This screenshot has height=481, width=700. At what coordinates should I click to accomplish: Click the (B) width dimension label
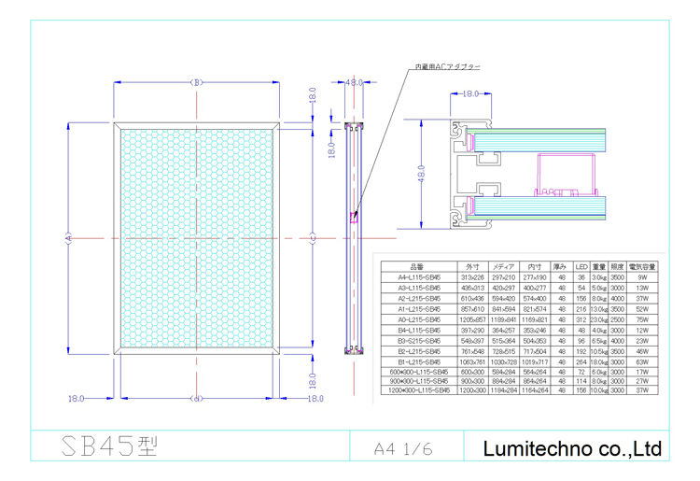[x=197, y=82]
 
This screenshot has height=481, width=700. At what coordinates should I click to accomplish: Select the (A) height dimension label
[x=68, y=238]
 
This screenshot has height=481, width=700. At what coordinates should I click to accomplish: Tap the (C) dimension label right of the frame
[x=312, y=238]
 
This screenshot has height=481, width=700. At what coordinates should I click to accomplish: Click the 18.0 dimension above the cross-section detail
[x=470, y=94]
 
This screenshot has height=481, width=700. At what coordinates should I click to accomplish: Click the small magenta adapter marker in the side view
[x=354, y=219]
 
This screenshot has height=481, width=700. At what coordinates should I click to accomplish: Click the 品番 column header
[x=416, y=267]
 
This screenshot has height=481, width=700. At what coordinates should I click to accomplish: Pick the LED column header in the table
[x=581, y=267]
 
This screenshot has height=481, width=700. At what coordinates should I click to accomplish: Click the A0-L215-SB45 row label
[x=416, y=318]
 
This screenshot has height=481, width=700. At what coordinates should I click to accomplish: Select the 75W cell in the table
[x=642, y=318]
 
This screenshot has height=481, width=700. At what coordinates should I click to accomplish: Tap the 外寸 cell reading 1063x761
[x=470, y=360]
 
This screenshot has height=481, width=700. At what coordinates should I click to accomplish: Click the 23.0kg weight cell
[x=599, y=318]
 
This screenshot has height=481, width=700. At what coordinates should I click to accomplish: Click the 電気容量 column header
[x=642, y=267]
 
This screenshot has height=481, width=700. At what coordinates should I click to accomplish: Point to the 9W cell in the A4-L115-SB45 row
[x=642, y=277]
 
